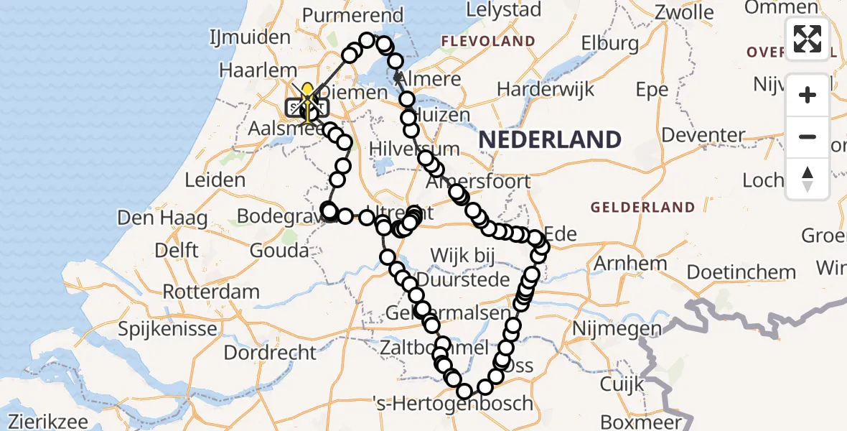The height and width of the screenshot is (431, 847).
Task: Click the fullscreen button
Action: [808, 39]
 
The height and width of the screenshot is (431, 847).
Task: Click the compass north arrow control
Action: [808, 179]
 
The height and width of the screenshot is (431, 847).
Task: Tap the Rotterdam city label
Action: [211, 292]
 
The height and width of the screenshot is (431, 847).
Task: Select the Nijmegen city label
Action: [617, 329]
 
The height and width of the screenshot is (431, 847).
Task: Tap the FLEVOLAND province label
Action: [488, 42]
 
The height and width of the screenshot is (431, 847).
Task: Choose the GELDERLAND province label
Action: [642, 208]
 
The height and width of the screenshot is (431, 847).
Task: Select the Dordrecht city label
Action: [270, 353]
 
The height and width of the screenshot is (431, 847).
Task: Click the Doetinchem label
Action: [741, 272]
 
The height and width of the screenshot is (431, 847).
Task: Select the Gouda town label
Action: [279, 251]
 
